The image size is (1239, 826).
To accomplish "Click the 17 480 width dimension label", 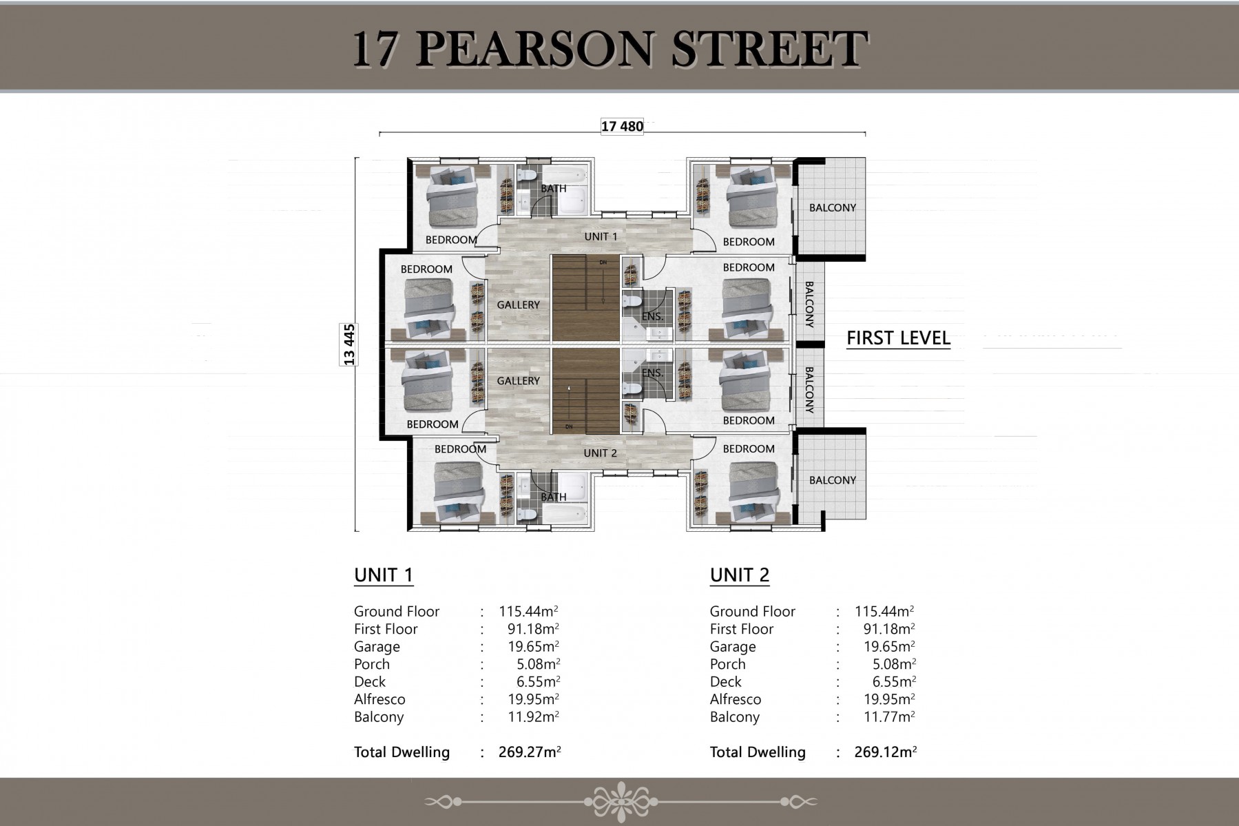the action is pos(622,127).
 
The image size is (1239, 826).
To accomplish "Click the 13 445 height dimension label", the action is pos(349,344).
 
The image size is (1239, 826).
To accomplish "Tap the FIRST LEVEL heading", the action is pos(898,338).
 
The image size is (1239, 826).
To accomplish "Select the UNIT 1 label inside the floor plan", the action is pos(601,236).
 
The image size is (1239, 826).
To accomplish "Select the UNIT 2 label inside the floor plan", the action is pos(600,453).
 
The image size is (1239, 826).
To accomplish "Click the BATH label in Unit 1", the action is pos(554,189).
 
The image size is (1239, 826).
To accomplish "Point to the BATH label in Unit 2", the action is pos(554,497).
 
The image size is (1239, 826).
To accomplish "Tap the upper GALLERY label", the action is pos(519,304).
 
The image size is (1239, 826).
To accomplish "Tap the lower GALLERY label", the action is pos(519,381).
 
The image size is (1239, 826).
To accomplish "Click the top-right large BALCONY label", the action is pos(833,207).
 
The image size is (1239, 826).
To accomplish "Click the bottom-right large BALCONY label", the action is pos(833,480).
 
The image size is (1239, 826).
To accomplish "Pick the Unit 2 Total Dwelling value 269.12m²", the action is pos(886,752).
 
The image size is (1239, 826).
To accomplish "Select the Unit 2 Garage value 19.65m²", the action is pos(889,646).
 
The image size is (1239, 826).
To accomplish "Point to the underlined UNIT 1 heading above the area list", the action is pos(384,575).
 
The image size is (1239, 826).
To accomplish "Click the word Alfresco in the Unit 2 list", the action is pos(736,699).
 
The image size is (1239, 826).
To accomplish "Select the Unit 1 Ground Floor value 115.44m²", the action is pos(528,611).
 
